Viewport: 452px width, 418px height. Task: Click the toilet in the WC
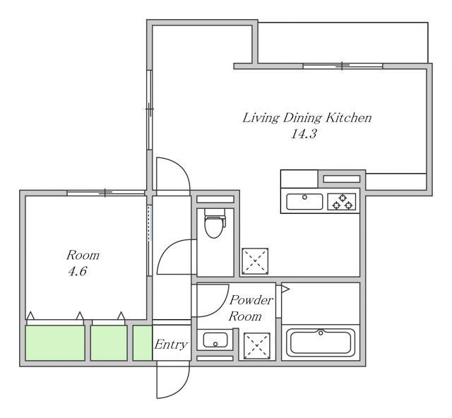point(215,223)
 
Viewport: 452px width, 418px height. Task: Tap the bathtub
point(321,342)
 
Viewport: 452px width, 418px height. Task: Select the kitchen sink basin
point(304,201)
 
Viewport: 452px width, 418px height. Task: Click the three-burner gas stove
point(342,201)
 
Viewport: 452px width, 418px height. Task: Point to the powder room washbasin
point(215,340)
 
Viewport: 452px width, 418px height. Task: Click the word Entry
point(171,344)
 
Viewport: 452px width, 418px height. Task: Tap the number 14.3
point(304,133)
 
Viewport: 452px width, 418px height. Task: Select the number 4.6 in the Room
point(78,271)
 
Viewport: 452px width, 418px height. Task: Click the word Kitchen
point(349,118)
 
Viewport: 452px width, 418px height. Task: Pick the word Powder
point(251,300)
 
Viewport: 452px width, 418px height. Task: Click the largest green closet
point(55,342)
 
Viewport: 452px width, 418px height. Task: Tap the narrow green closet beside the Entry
point(143,342)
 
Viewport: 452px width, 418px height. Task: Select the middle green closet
point(109,342)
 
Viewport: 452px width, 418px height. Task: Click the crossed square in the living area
point(255,261)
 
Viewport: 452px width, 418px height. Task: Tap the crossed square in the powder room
point(257,346)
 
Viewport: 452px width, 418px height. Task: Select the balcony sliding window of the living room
point(343,66)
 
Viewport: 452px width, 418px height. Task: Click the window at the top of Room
point(105,193)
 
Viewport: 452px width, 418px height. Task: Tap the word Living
point(261,118)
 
